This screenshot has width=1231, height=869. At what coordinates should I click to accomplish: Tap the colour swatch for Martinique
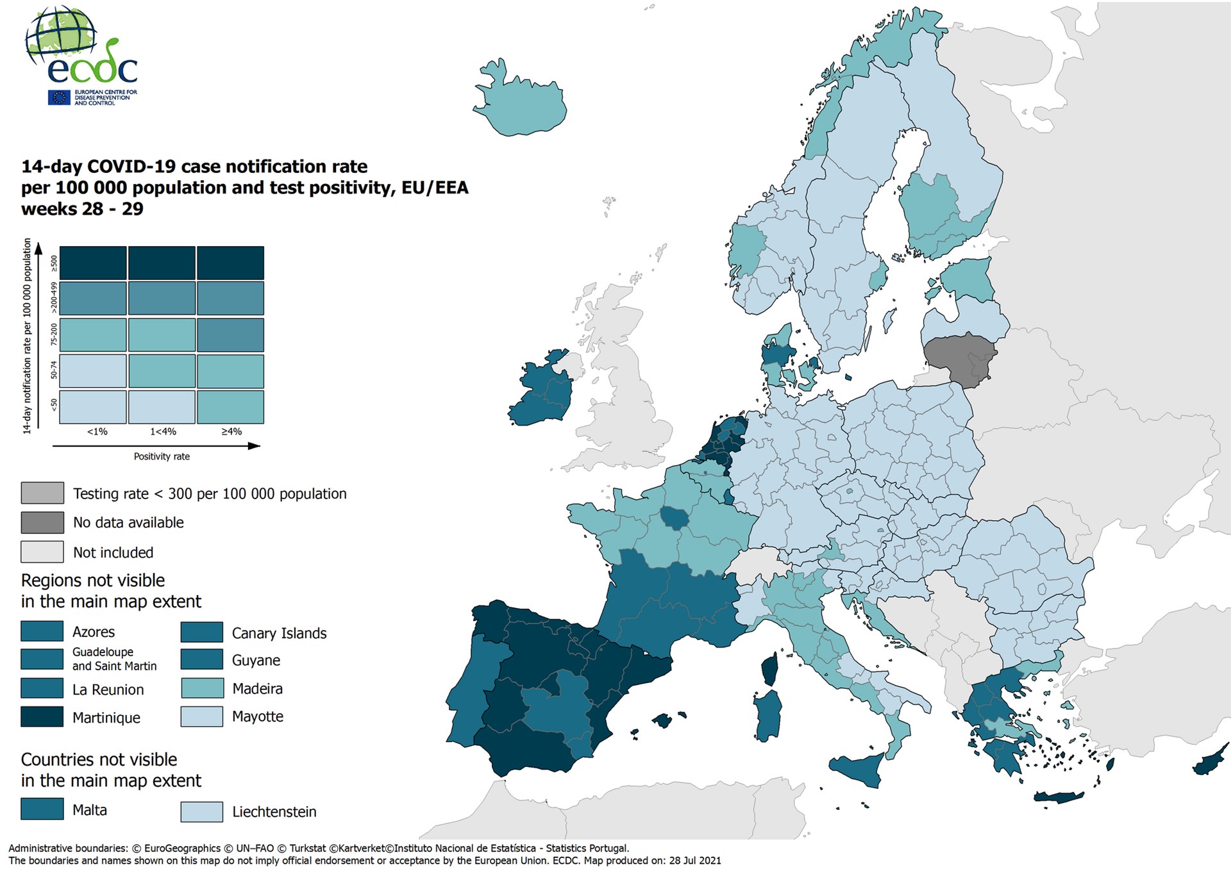coord(42,716)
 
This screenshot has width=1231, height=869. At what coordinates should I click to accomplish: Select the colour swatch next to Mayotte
coord(201,716)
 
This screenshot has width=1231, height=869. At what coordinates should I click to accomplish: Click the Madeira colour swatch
coord(201,688)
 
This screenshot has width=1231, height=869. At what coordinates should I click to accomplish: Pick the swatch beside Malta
coord(42,809)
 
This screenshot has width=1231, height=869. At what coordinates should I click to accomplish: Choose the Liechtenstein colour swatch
coord(201,811)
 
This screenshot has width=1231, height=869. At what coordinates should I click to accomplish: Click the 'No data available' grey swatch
coord(42,522)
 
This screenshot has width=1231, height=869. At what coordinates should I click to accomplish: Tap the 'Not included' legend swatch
coord(42,552)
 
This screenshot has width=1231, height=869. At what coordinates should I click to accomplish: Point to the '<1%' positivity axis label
coord(97,432)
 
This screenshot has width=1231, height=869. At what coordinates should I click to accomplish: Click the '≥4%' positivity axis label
coord(231,432)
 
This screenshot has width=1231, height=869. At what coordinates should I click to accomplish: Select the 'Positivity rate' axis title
coord(162,456)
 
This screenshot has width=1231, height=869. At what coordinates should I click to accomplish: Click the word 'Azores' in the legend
coord(94,632)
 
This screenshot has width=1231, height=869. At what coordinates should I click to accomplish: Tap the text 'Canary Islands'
coord(279,633)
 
